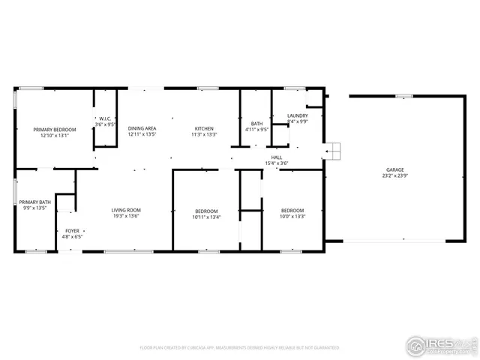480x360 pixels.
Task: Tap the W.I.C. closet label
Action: point(106,118)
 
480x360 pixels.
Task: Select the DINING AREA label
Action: point(142,129)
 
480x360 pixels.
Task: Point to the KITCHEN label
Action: point(205,129)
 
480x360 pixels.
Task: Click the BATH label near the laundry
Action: point(256,124)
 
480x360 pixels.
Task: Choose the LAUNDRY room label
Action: point(298,115)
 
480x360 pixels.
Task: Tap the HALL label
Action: point(277,157)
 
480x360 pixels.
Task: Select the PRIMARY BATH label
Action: point(34,202)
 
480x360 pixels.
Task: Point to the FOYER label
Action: point(72,231)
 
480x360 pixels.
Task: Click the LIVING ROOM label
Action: point(126,210)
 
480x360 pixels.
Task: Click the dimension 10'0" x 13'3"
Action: point(292,216)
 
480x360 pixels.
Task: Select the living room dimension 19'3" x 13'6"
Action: point(126,216)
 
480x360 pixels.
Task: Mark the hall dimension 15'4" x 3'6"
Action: point(277,163)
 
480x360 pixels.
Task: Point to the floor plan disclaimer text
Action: point(239,348)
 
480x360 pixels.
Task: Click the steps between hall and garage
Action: point(333,151)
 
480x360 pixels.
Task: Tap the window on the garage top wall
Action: point(404,96)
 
